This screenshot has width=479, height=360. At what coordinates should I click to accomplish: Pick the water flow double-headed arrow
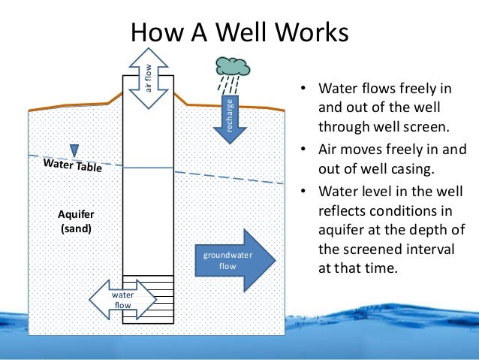[x=122, y=300]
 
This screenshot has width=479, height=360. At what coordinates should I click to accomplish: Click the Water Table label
[x=73, y=165]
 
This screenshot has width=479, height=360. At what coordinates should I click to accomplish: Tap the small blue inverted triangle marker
[x=74, y=150]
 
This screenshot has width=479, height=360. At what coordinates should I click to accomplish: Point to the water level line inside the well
[x=148, y=168]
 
